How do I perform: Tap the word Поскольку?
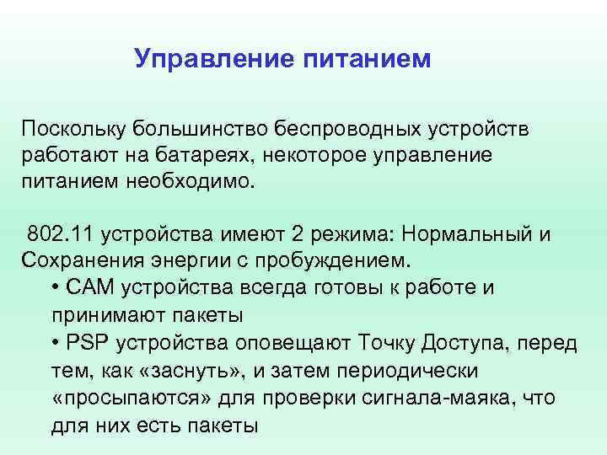73,129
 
